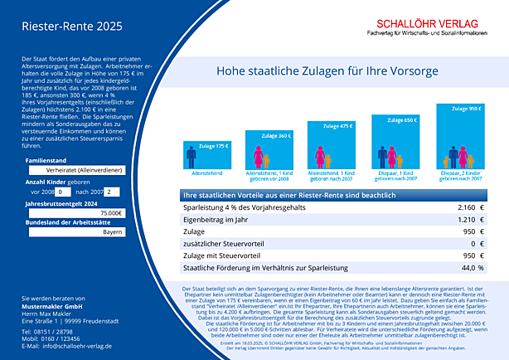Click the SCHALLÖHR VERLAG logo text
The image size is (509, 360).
419,25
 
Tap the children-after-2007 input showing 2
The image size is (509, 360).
113,192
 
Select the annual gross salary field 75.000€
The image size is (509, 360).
74,213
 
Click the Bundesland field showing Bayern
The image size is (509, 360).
74,233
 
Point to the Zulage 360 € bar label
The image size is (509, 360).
279,134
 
